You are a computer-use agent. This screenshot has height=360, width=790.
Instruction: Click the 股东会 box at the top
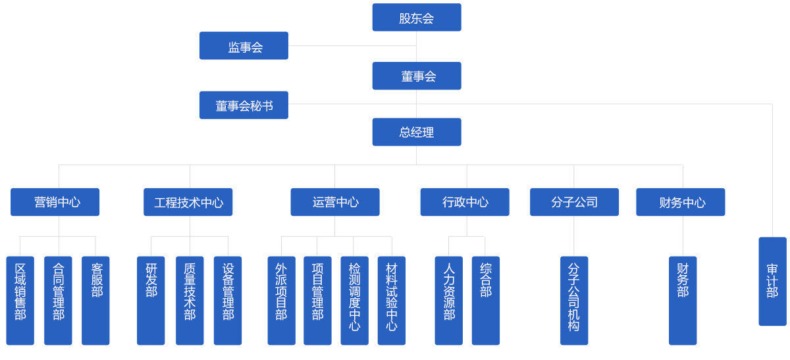[416, 18]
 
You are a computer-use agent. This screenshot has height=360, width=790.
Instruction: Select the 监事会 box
[244, 46]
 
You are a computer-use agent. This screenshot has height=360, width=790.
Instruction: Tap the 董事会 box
[416, 76]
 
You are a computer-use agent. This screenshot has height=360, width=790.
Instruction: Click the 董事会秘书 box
[244, 105]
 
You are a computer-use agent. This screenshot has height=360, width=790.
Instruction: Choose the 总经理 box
[416, 132]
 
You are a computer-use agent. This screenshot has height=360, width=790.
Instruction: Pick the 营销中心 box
[55, 202]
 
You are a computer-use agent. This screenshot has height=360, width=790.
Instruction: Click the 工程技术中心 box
[188, 202]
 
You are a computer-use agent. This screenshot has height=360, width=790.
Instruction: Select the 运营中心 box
[334, 202]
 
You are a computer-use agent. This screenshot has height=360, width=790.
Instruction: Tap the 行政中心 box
[464, 202]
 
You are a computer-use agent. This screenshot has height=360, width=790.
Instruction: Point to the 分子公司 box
[574, 202]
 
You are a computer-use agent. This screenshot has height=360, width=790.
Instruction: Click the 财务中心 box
[680, 202]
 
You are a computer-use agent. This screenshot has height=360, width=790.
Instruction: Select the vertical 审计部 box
[772, 281]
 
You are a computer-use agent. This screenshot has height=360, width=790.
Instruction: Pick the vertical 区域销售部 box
[20, 300]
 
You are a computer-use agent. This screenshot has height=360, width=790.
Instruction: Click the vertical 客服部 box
[95, 300]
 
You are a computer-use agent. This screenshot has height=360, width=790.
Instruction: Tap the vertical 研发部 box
[151, 300]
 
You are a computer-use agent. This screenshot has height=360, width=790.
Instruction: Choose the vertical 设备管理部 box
[228, 300]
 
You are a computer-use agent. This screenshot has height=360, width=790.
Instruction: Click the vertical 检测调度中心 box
[354, 300]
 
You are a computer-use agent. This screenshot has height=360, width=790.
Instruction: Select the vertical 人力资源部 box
[448, 300]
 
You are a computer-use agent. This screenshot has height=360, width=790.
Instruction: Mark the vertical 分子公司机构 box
[574, 300]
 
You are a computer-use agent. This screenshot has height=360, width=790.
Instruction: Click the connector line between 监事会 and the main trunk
[352, 46]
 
